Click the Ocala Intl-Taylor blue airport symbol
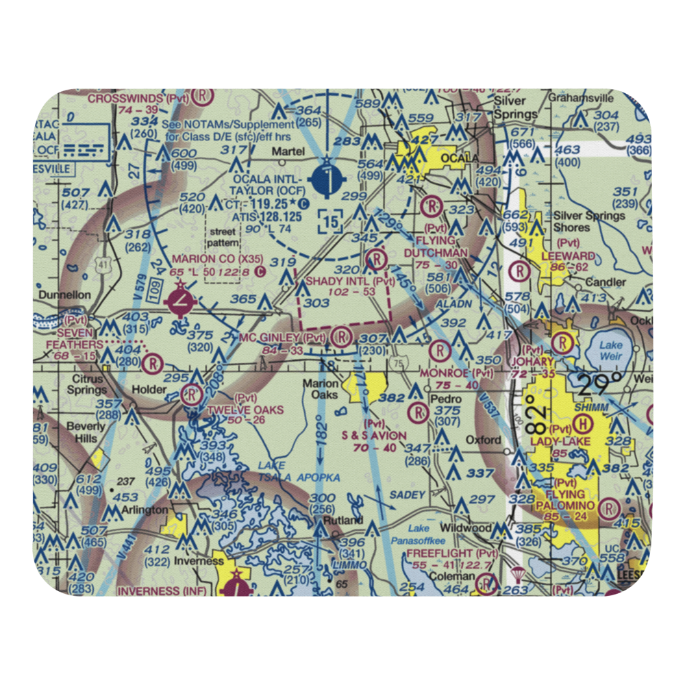[326, 182]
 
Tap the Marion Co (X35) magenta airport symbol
[180, 300]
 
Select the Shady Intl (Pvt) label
[340, 281]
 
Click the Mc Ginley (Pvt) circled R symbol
[340, 336]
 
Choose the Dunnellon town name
[65, 295]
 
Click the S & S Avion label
[374, 435]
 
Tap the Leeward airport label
[567, 255]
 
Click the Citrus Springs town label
[86, 384]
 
